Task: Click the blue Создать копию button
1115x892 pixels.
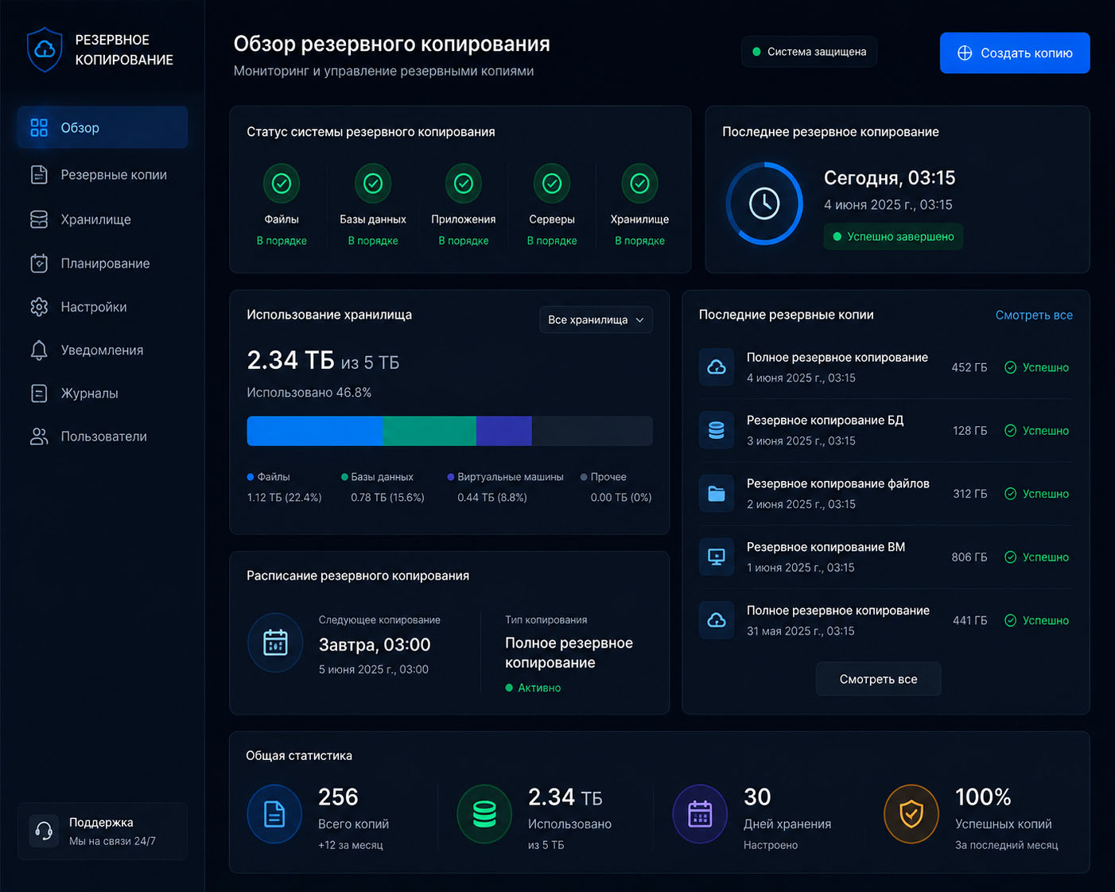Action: pos(1015,52)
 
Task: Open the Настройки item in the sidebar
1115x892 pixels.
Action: pos(93,307)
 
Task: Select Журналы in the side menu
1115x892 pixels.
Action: pos(89,394)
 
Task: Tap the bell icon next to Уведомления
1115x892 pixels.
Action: pos(39,350)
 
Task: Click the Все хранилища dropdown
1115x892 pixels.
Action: pos(596,320)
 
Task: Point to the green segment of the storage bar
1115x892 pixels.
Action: pos(429,431)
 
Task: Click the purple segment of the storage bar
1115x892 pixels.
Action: pos(503,431)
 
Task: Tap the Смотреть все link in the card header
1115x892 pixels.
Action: pos(1034,315)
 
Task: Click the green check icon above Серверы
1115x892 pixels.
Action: pos(552,184)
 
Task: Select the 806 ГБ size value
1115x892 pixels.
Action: pos(969,557)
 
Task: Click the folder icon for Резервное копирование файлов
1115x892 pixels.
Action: pos(717,494)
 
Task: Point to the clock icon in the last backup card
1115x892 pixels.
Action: pos(764,204)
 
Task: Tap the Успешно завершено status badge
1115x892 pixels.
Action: pos(893,237)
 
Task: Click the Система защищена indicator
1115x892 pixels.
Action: pos(810,52)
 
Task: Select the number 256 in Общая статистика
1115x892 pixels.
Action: pos(338,797)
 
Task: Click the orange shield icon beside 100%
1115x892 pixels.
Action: pos(911,814)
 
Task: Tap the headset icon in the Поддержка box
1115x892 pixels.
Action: pos(44,831)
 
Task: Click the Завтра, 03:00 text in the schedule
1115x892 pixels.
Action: pos(374,645)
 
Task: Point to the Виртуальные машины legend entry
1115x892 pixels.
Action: pos(505,476)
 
